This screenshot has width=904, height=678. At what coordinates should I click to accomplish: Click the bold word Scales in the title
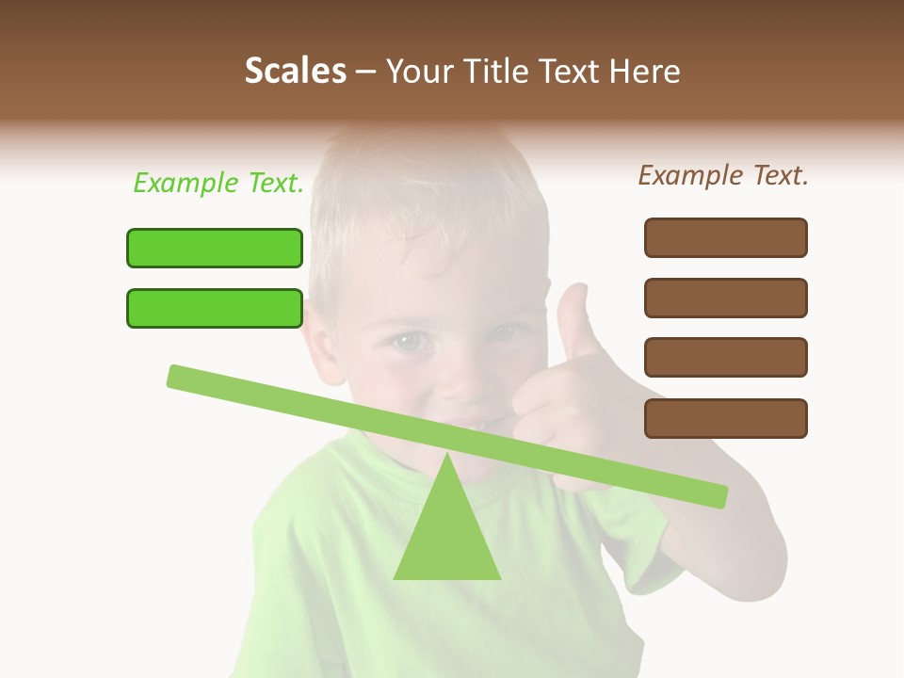(296, 72)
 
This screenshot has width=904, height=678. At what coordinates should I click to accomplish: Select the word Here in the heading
(643, 72)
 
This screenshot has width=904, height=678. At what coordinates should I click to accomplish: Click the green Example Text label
(218, 184)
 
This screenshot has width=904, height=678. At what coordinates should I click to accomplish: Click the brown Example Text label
(723, 175)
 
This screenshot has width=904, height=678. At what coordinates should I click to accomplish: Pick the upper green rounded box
(215, 248)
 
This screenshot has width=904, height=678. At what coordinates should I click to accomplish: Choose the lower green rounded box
(215, 308)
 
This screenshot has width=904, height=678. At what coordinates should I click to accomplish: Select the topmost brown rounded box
(726, 237)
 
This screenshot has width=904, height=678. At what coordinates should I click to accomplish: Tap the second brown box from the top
(726, 298)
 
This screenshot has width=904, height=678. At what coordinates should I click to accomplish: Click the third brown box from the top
(726, 358)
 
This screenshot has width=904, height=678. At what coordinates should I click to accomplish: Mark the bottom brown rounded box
(726, 418)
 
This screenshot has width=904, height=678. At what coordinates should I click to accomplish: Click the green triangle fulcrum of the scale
(447, 537)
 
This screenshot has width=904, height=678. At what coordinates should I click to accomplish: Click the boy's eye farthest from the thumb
(407, 339)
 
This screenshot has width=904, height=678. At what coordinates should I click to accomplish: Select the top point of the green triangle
(447, 455)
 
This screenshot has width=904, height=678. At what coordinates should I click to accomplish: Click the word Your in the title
(420, 72)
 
